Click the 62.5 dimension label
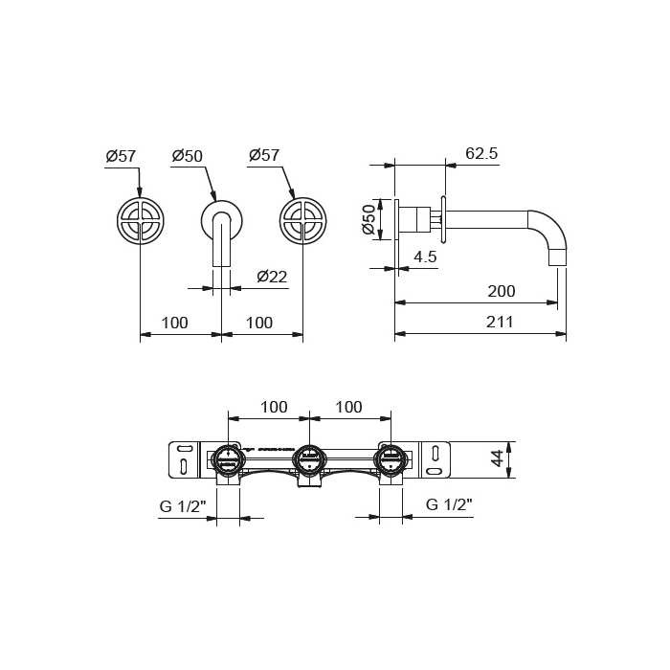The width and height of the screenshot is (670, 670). [x=481, y=153]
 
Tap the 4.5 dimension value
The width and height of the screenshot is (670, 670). [x=425, y=257]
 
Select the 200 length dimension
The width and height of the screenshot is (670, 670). [x=502, y=291]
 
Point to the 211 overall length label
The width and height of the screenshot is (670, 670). [x=500, y=322]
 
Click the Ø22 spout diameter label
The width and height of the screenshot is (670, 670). [x=272, y=277]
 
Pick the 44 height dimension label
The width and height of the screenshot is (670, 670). [x=497, y=460]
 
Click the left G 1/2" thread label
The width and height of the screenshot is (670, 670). [x=183, y=506]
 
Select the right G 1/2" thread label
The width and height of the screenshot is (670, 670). [x=449, y=504]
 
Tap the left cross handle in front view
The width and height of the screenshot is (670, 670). [x=140, y=221]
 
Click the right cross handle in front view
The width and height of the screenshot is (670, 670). [x=303, y=221]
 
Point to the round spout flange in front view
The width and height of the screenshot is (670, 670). [x=222, y=221]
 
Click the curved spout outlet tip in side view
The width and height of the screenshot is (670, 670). [x=558, y=258]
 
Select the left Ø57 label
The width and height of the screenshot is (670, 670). [x=121, y=156]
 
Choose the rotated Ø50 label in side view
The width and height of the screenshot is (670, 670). [x=368, y=219]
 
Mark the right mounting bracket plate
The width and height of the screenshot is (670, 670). [x=435, y=459]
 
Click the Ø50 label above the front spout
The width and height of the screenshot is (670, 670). [x=188, y=156]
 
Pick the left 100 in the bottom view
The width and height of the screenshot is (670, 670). [x=274, y=407]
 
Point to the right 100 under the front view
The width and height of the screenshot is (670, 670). [x=259, y=323]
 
